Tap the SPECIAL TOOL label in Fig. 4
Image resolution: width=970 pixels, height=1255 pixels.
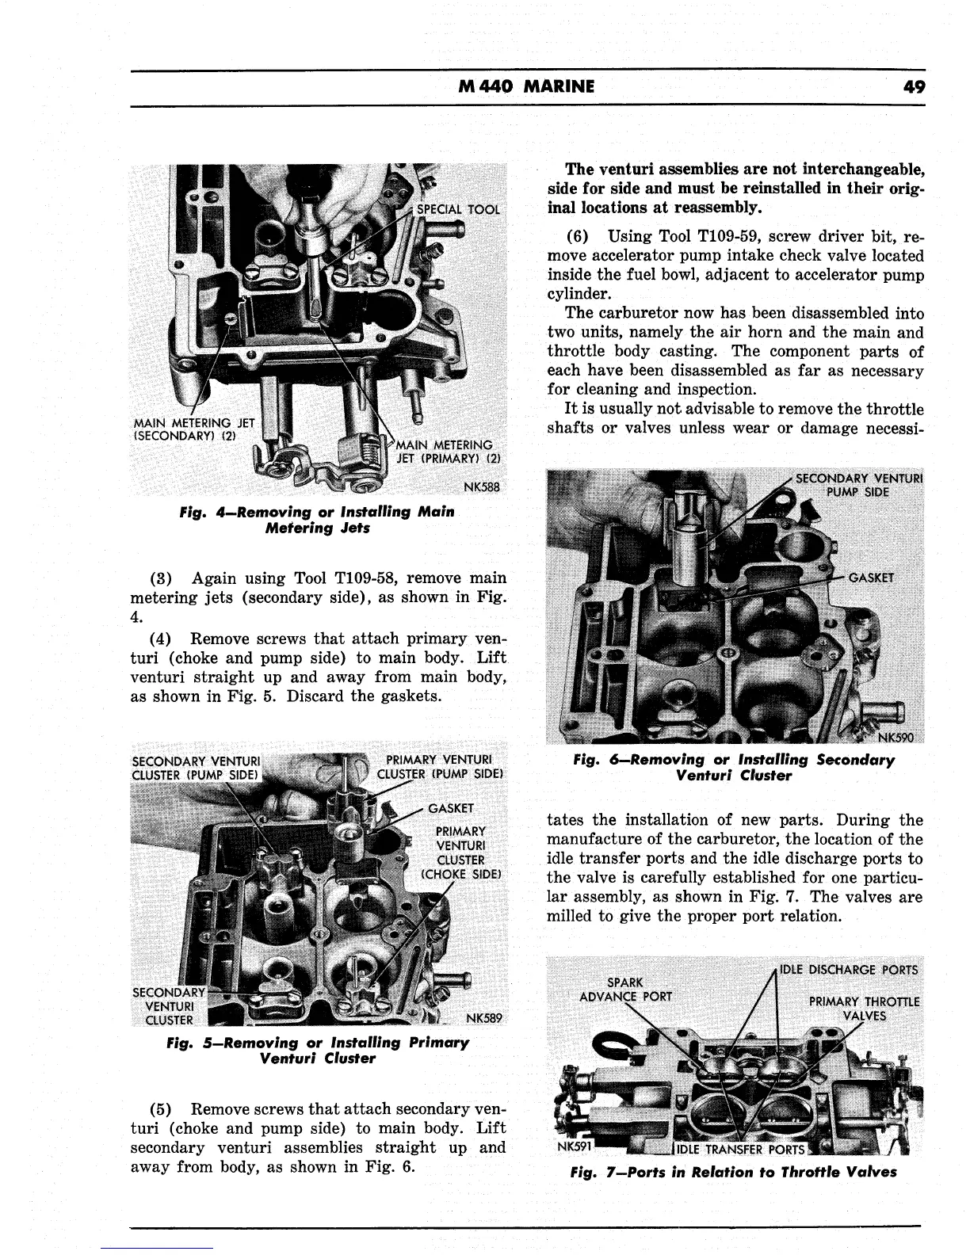pos(464,209)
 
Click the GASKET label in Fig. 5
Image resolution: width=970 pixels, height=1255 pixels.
pos(451,808)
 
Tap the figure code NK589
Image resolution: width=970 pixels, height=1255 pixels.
pos(485,1018)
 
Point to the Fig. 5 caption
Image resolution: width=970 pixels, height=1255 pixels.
pos(317,1051)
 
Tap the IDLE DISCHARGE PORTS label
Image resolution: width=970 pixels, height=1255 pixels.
pos(849,970)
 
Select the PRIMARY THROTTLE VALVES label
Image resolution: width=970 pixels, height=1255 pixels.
pos(864,1008)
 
